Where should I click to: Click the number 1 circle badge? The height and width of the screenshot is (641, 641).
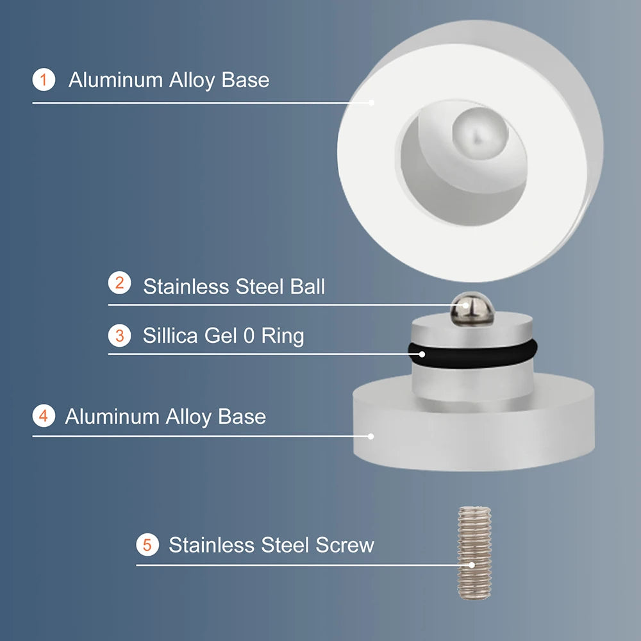(x=44, y=80)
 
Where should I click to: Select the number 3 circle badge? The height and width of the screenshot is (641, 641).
(x=119, y=335)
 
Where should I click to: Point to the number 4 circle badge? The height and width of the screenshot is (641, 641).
(x=44, y=415)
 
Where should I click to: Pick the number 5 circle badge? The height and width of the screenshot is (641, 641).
(x=147, y=545)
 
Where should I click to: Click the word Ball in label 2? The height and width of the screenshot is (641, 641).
(x=304, y=286)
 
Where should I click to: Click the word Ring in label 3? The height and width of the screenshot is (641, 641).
(x=282, y=337)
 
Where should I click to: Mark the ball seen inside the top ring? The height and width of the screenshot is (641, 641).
(x=479, y=132)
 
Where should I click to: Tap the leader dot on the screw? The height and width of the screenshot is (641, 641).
(x=472, y=565)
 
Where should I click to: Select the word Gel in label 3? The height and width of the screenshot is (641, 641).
(x=220, y=335)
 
